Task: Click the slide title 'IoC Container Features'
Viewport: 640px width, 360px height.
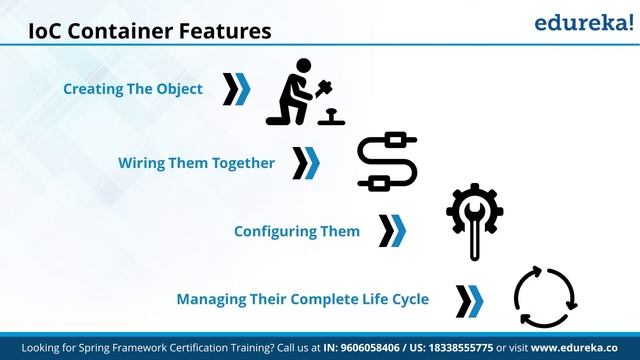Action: (x=149, y=31)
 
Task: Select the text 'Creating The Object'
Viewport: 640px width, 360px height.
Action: (x=133, y=89)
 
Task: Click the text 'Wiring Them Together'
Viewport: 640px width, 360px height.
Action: (x=197, y=162)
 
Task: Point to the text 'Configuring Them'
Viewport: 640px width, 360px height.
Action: (x=297, y=231)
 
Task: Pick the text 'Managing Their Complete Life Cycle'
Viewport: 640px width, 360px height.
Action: (x=303, y=298)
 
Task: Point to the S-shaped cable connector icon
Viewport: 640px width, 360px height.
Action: (x=387, y=161)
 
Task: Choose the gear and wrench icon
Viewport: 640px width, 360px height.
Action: (x=475, y=218)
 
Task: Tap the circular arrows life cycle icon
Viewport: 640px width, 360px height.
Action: (x=545, y=297)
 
